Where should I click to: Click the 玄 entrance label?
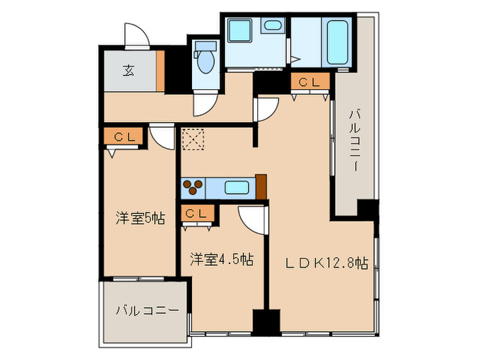pos(129,71)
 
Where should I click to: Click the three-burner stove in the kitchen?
pos(193,187)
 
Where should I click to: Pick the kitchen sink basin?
pos(237,187)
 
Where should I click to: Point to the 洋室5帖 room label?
pos(141,219)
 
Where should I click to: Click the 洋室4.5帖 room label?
pos(221,259)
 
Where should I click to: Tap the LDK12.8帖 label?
pos(326,263)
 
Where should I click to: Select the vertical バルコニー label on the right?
pos(355,141)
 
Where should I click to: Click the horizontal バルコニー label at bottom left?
pos(147,311)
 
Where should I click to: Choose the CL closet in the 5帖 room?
pos(123,136)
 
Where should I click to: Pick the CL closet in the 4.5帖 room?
pos(197,213)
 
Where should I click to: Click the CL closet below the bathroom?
pos(310,81)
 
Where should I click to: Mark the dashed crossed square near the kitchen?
pos(193,139)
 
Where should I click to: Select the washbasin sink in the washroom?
pos(273,25)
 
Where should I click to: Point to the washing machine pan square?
pos(240,30)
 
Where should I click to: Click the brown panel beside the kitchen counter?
pos(261,187)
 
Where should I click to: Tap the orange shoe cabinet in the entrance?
pos(160,71)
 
